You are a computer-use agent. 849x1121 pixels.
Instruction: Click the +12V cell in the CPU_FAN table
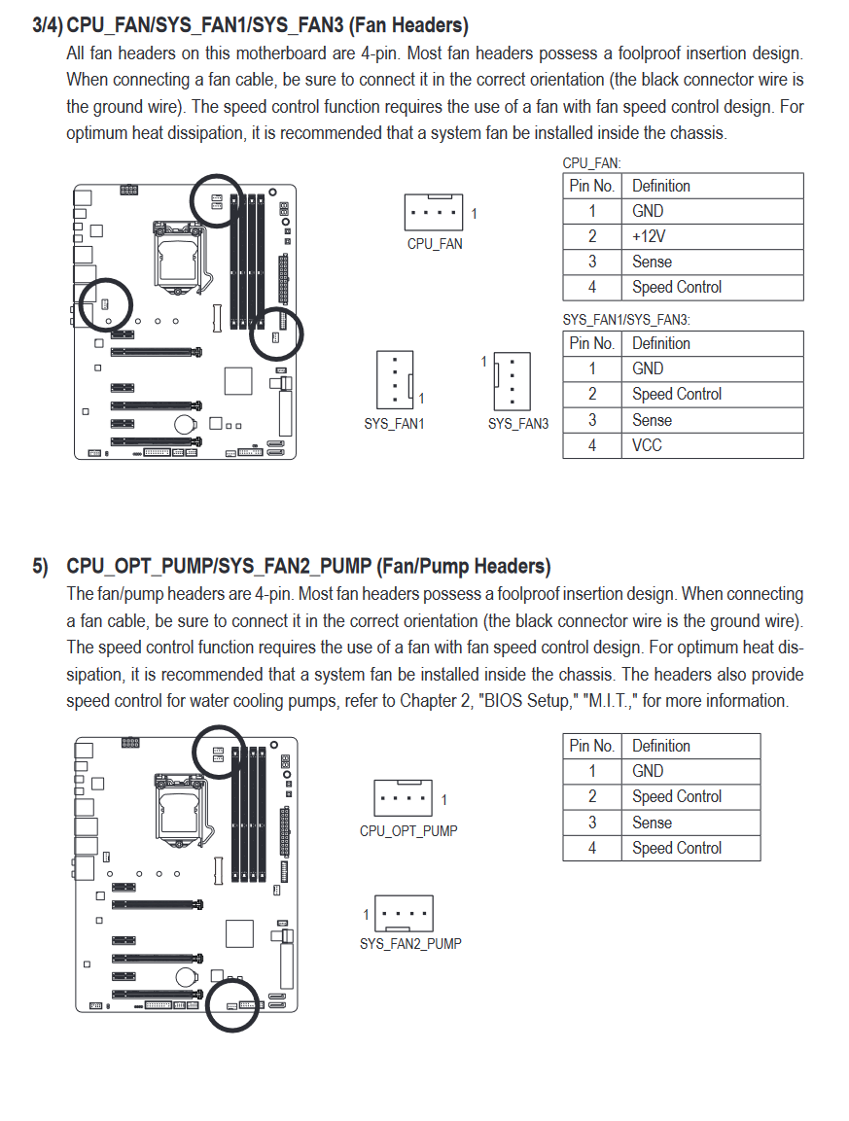[648, 236]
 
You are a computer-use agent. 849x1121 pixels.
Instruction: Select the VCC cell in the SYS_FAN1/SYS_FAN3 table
[647, 445]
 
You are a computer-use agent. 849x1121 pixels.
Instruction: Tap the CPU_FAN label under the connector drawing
[435, 244]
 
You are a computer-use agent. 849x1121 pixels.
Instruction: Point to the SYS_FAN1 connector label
[394, 424]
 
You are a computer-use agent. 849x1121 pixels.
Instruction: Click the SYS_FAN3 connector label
[518, 424]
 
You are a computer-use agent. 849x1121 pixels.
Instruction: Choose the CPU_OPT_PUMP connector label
[408, 830]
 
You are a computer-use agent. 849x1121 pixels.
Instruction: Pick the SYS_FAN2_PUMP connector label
[410, 944]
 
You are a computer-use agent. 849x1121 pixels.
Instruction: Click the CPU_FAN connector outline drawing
[434, 212]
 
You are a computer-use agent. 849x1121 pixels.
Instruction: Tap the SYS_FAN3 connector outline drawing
[513, 381]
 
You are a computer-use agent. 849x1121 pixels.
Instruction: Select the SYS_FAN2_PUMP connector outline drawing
[405, 914]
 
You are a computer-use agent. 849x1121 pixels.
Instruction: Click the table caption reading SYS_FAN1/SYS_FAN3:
[626, 320]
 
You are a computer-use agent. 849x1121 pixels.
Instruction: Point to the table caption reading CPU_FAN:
[591, 163]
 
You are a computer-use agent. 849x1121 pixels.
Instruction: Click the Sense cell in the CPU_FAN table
[652, 262]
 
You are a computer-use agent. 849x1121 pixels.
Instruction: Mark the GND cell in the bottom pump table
[648, 771]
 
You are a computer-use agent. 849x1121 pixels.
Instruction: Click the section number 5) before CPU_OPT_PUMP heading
[40, 567]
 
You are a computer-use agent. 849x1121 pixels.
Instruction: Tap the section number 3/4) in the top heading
[48, 25]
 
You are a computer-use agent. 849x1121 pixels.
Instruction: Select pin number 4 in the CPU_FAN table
[592, 288]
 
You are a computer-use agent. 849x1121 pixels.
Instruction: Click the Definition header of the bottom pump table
[661, 746]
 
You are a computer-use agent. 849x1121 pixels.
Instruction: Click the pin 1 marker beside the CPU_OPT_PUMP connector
[444, 800]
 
